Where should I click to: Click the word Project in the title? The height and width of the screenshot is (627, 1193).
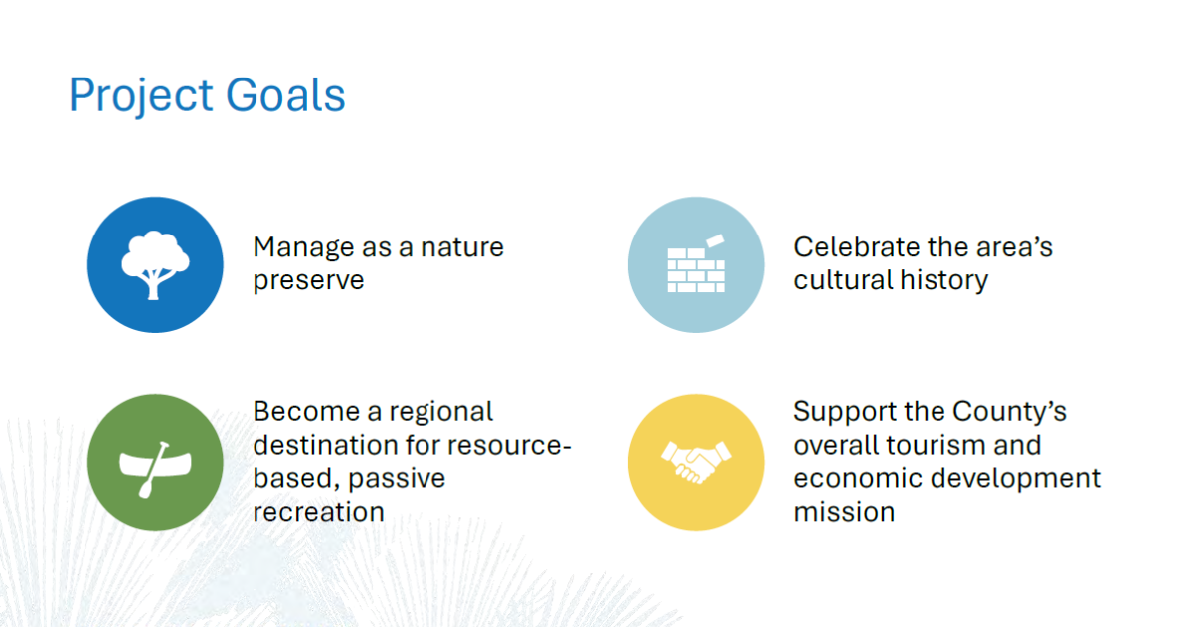141,95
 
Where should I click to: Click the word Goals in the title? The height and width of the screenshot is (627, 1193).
286,94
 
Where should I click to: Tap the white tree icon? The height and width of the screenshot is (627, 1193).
155,265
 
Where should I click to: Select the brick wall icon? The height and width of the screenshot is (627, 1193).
696,264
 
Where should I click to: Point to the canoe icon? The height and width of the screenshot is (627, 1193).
155,469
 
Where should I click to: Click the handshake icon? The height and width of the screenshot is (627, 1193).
696,462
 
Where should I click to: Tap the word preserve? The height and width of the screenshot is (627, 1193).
308,281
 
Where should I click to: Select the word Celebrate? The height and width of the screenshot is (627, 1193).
856,247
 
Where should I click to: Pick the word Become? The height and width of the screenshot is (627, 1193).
306,412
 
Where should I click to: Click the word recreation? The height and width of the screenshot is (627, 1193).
318,512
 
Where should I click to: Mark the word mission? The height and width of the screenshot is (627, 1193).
844,512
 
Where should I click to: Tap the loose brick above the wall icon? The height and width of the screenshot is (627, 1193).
715,241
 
